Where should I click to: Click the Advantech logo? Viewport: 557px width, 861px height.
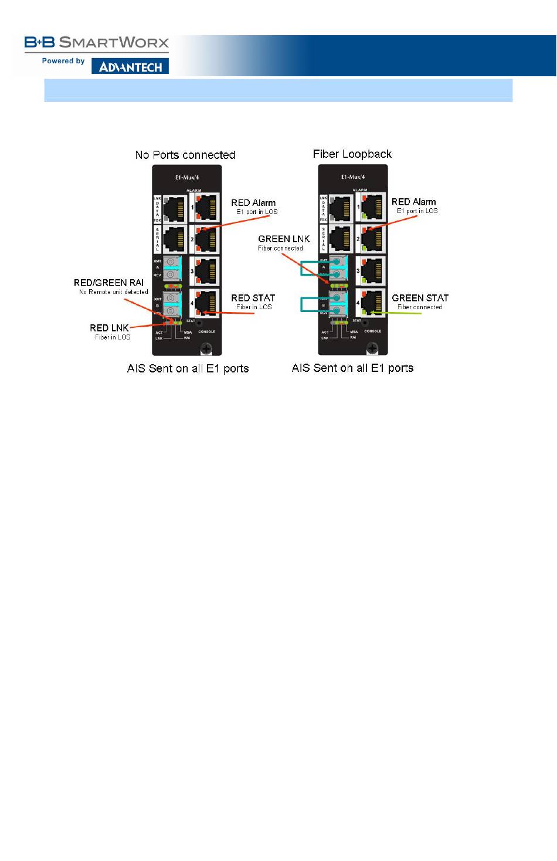tap(130, 67)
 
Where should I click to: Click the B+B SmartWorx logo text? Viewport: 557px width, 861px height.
tap(97, 43)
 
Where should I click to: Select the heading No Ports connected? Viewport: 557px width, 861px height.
tap(185, 155)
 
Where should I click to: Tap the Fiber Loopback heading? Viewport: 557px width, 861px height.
tap(352, 154)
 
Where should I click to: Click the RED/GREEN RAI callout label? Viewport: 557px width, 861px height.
tap(108, 283)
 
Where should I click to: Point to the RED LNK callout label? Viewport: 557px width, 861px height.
tap(109, 328)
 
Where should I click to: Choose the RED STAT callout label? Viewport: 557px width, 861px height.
tap(253, 298)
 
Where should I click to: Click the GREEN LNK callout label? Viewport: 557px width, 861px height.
tap(284, 239)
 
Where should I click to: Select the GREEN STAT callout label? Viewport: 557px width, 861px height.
tap(420, 298)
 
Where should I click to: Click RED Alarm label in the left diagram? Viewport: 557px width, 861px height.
tap(253, 203)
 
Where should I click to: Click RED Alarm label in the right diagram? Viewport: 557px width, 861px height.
tap(413, 202)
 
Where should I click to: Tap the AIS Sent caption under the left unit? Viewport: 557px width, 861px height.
tap(188, 368)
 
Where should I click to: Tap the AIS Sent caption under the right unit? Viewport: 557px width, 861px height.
tap(352, 368)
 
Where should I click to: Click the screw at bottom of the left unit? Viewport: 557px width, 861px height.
tap(206, 348)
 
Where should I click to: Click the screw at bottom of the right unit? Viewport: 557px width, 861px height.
tap(372, 348)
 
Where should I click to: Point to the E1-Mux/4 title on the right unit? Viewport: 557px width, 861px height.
tap(353, 177)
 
